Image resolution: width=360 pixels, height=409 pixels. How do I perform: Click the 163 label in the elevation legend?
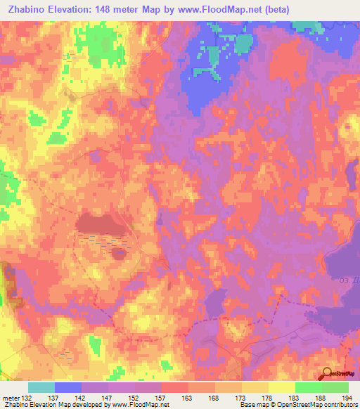[x=174, y=397]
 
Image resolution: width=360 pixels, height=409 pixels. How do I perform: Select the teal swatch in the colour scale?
[x=41, y=387]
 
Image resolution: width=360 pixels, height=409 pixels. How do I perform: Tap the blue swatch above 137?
[x=68, y=387]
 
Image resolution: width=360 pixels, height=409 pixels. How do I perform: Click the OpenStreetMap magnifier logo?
[x=327, y=373]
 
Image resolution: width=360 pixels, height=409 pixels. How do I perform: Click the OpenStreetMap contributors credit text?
[x=303, y=404]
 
